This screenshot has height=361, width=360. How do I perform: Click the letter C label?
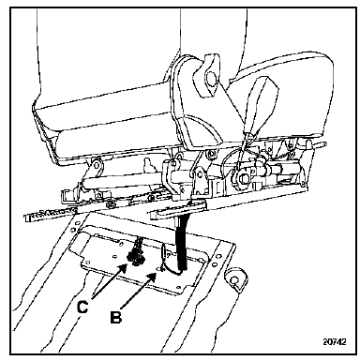pos(82,307)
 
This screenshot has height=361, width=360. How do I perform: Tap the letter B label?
pos(116,317)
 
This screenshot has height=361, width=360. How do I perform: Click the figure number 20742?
pos(335,341)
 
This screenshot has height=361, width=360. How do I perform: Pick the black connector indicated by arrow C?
pos(136,255)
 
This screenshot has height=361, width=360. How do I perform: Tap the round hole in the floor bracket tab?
pos(233,279)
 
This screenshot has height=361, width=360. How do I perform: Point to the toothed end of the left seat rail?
pos(50,214)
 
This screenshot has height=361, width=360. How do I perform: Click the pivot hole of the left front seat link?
pos(96,164)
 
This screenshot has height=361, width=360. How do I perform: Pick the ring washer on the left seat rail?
pos(110,205)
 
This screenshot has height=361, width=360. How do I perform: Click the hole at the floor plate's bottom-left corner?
pos(88,262)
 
